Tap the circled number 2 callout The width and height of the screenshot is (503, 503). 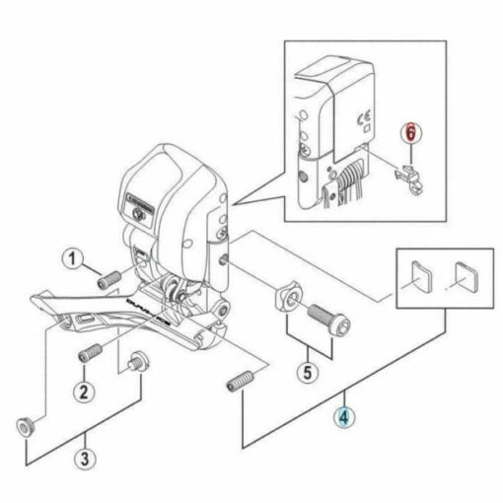pyautogui.click(x=85, y=390)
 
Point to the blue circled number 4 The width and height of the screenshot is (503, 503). pyautogui.click(x=345, y=418)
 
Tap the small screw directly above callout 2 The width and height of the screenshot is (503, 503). pyautogui.click(x=92, y=351)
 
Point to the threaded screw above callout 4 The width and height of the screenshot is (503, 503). pyautogui.click(x=243, y=380)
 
